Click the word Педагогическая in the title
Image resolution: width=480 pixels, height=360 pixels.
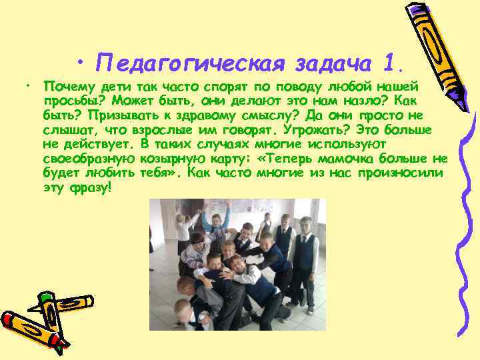point(189,63)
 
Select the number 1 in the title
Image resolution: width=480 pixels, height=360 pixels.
point(392,63)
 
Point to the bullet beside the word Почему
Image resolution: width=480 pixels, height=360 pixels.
point(29,87)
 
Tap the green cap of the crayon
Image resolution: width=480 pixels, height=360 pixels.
point(46,297)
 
